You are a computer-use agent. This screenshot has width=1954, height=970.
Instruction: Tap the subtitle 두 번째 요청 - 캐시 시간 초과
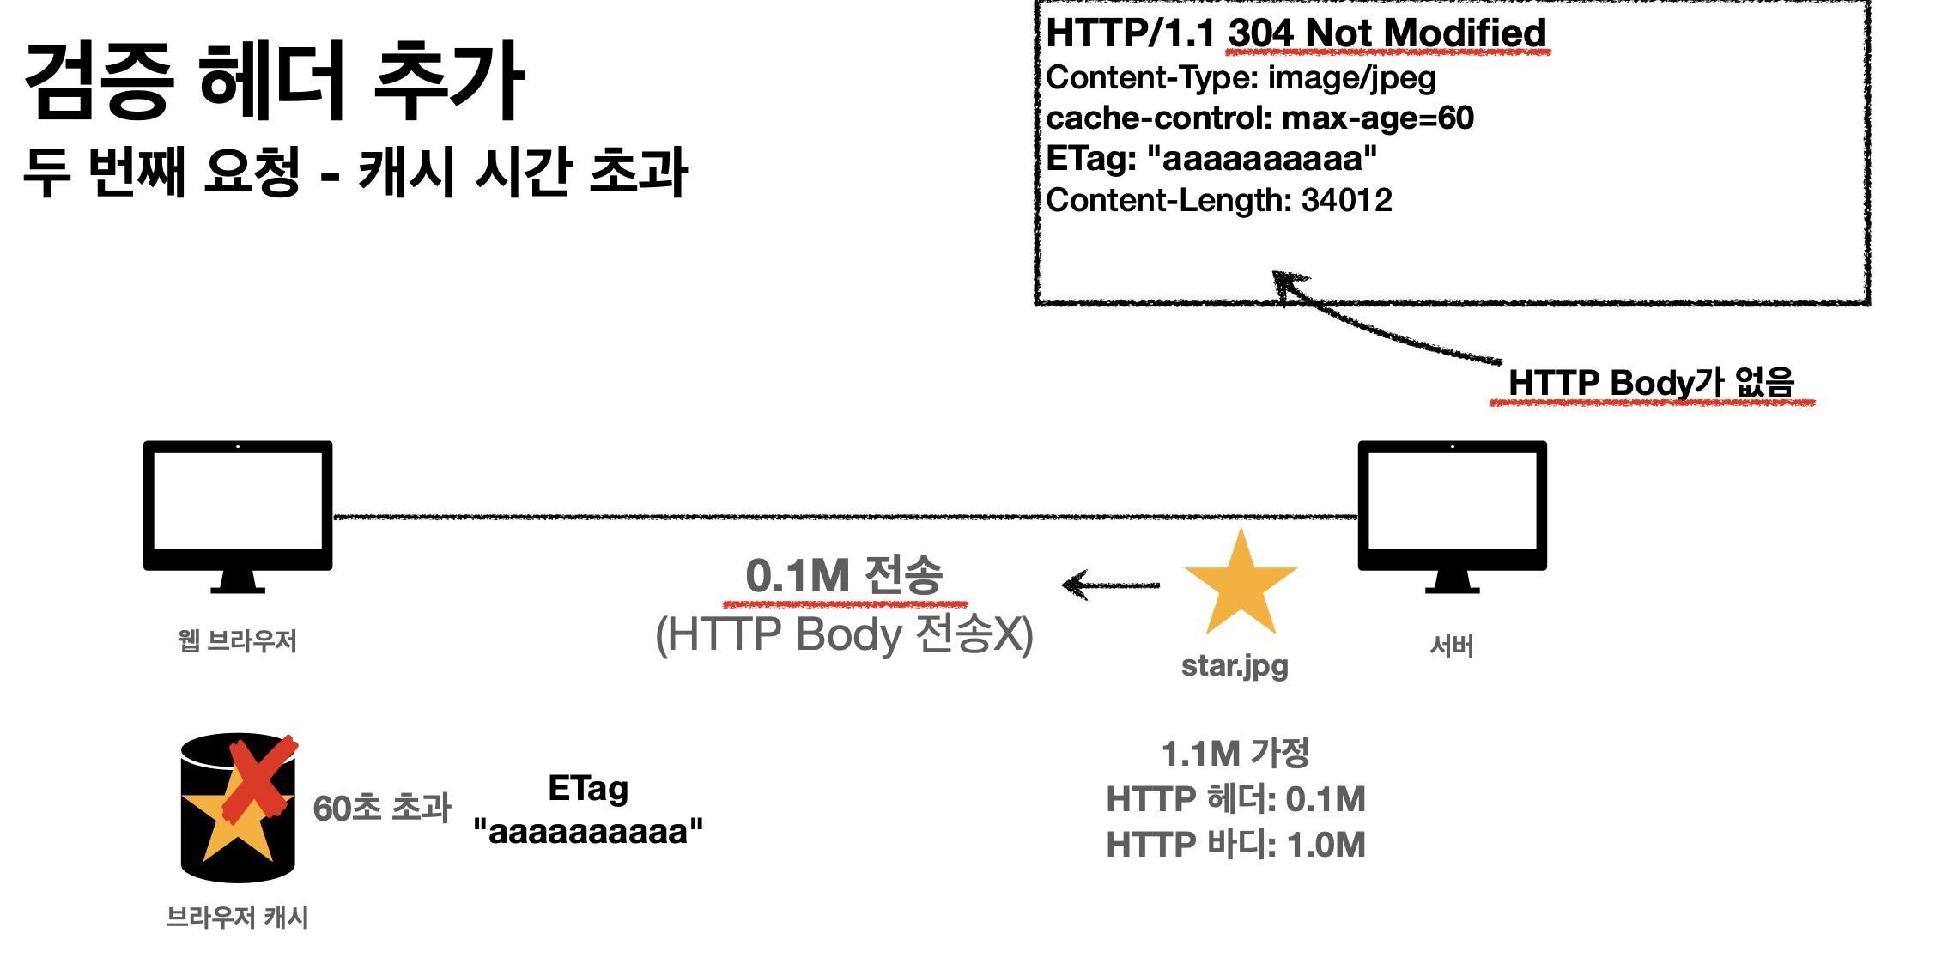(x=355, y=172)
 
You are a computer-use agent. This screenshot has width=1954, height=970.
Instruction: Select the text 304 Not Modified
(x=1387, y=34)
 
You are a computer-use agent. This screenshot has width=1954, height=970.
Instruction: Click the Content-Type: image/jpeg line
(x=1241, y=78)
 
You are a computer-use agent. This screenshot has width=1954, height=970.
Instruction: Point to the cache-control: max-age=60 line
(x=1259, y=118)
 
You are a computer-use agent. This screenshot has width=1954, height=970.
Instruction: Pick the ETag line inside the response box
(x=1211, y=159)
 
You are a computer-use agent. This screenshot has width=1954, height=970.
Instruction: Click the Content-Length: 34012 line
(x=1219, y=201)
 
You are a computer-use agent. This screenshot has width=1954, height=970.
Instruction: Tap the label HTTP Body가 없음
(x=1651, y=383)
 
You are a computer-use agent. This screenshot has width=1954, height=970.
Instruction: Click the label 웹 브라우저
(x=237, y=640)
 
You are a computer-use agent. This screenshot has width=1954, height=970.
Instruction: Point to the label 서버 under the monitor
(x=1452, y=646)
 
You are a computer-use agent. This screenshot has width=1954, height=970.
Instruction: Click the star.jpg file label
(x=1235, y=666)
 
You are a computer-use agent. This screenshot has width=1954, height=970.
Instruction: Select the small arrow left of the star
(x=1110, y=585)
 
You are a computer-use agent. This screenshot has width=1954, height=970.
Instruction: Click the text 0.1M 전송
(x=844, y=576)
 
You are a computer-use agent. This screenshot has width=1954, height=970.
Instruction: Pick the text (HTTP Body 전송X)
(x=844, y=635)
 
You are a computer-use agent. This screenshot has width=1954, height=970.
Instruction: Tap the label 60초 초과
(x=382, y=808)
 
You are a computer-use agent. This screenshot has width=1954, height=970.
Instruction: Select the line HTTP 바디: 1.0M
(x=1235, y=845)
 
